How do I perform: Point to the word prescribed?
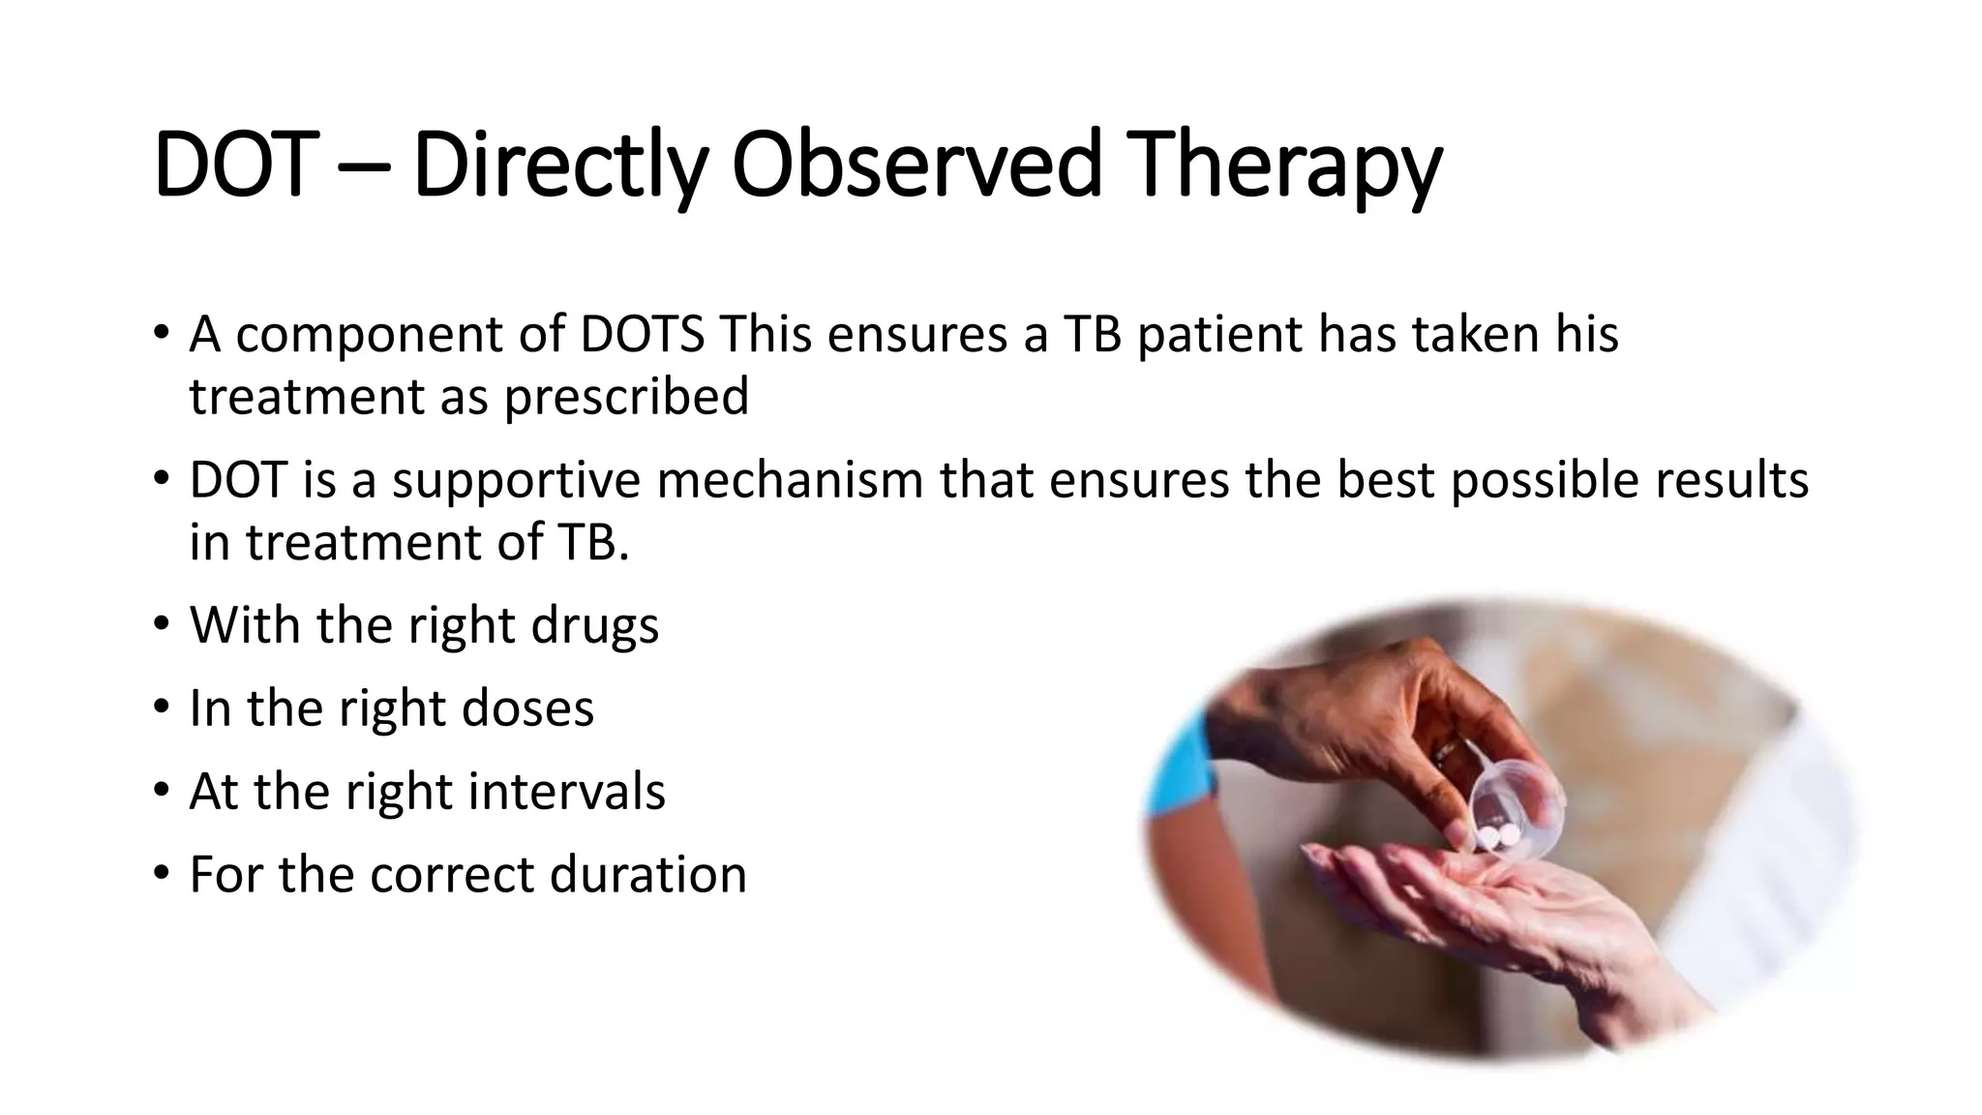626,397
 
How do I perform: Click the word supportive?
516,480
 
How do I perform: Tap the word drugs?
594,625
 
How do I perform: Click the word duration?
648,874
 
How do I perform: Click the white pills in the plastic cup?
1495,833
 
